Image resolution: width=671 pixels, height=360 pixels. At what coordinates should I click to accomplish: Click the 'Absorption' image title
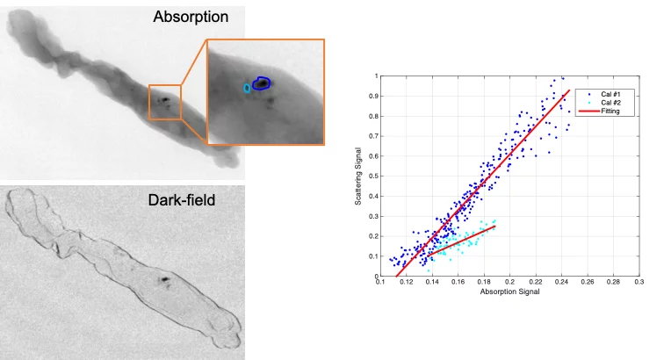coord(191,17)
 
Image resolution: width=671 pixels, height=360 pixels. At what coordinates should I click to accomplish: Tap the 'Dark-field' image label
coord(181,200)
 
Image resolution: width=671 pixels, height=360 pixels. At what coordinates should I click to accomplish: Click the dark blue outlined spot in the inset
coord(261,84)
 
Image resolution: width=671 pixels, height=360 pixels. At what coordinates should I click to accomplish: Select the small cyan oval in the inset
coord(247,88)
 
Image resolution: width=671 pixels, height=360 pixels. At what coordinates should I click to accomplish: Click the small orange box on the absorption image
coord(165,102)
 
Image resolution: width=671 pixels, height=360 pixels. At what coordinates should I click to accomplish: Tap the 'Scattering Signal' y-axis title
coord(358,176)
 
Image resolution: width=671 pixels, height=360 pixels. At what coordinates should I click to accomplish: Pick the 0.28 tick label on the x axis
coord(613,283)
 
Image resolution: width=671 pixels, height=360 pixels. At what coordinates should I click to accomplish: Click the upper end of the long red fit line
coord(569,90)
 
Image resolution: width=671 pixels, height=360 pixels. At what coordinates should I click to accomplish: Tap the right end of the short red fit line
coord(494,227)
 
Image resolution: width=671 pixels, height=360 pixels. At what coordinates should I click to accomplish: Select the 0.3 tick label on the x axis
coord(639,283)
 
